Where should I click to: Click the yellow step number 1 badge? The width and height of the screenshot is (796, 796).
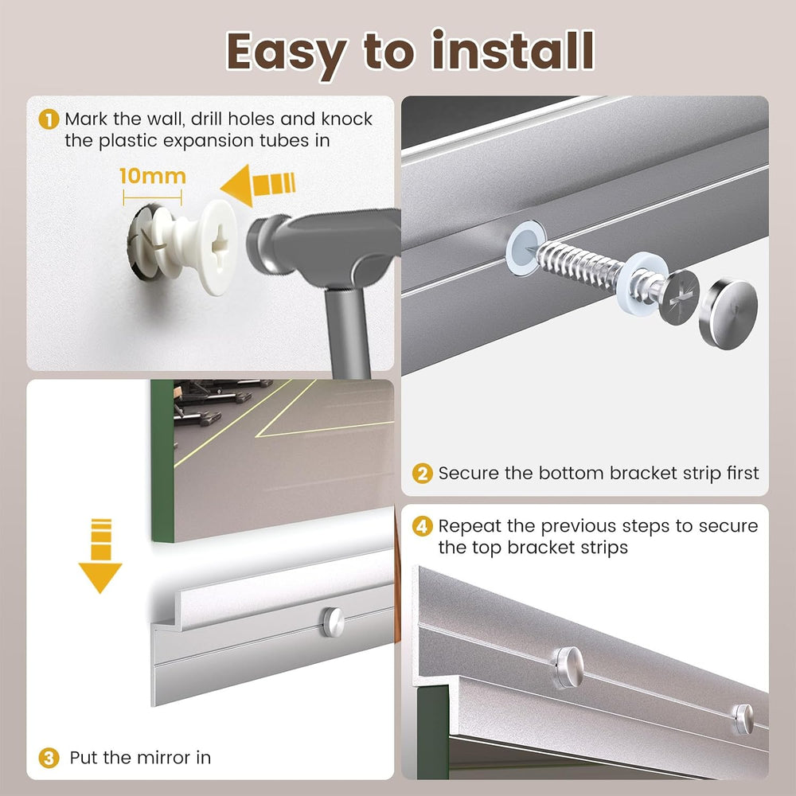point(49,120)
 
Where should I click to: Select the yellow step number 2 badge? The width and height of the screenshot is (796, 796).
point(422,474)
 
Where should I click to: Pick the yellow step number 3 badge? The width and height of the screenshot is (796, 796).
point(49,758)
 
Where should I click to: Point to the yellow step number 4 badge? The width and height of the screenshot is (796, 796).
point(422,526)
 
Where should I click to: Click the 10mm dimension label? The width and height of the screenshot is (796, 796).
point(153,176)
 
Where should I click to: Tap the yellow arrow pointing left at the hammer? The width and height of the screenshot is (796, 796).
point(258,185)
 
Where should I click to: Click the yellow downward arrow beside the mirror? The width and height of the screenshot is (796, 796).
point(100,556)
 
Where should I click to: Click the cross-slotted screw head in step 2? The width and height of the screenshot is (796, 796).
point(680,298)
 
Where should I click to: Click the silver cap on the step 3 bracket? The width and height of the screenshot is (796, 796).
point(333,622)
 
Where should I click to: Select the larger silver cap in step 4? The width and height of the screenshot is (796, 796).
point(568,667)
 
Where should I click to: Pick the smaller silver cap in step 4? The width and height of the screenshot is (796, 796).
point(743,720)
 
